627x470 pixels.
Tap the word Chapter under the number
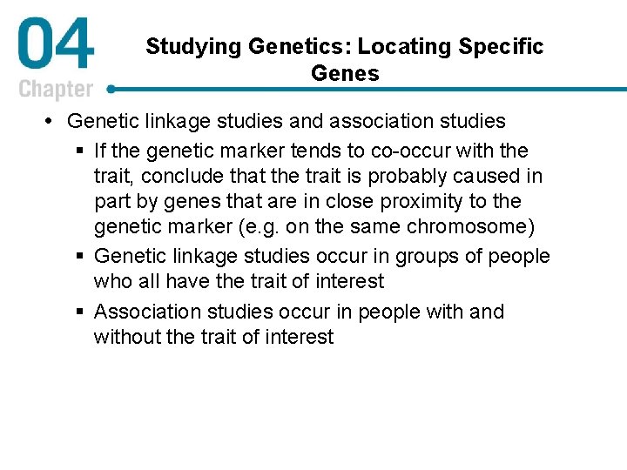[56, 89]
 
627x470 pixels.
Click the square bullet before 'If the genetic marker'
[80, 150]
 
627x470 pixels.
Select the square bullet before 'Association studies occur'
[80, 312]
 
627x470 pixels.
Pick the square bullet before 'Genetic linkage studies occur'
[80, 257]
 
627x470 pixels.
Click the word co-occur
[412, 150]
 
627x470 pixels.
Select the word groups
[428, 256]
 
